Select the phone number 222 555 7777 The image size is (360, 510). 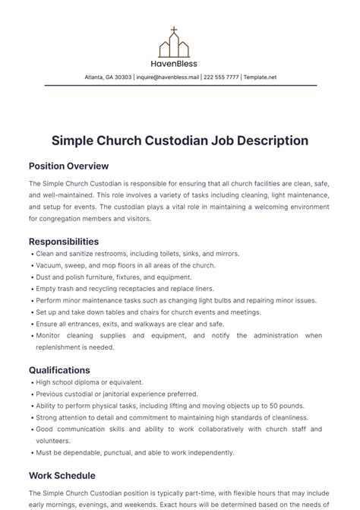click(221, 77)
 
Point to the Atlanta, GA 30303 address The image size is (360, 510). click(108, 77)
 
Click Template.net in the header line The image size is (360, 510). click(261, 77)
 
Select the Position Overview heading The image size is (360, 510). click(68, 166)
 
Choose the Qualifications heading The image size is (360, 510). click(60, 370)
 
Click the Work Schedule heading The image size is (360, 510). click(62, 476)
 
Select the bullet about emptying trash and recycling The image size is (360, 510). click(125, 289)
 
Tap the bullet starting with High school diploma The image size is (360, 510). click(90, 382)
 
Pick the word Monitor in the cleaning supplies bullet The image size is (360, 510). click(50, 336)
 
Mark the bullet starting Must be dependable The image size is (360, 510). click(134, 453)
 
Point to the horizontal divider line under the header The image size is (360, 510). click(180, 86)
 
